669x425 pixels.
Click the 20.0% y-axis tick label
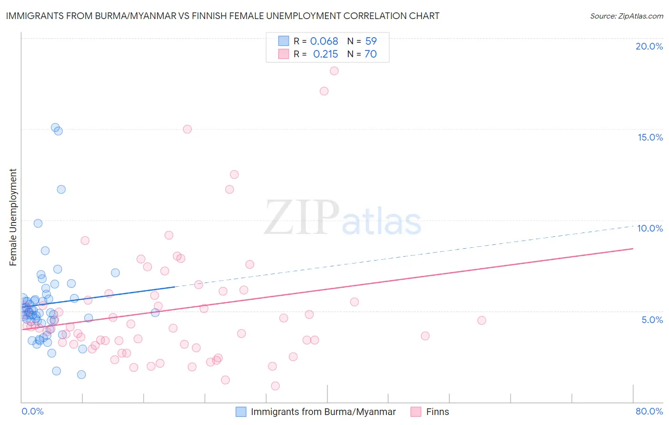649,46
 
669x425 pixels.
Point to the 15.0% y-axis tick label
650,137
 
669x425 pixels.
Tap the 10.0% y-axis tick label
650,228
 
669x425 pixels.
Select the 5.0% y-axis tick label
652,320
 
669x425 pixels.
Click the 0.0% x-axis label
32,411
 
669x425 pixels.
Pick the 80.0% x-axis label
649,411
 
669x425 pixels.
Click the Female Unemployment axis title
13,217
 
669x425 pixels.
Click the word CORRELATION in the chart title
375,16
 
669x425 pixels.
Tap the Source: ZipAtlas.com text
626,16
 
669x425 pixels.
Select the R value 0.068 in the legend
324,41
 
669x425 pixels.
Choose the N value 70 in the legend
371,54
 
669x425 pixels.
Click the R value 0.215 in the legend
325,54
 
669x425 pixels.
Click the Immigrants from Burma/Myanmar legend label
323,412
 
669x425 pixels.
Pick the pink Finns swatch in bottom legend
416,412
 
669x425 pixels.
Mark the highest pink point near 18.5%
334,71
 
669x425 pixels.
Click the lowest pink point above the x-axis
275,386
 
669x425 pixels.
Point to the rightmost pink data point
482,321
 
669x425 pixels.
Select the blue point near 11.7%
61,189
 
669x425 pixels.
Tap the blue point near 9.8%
38,223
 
